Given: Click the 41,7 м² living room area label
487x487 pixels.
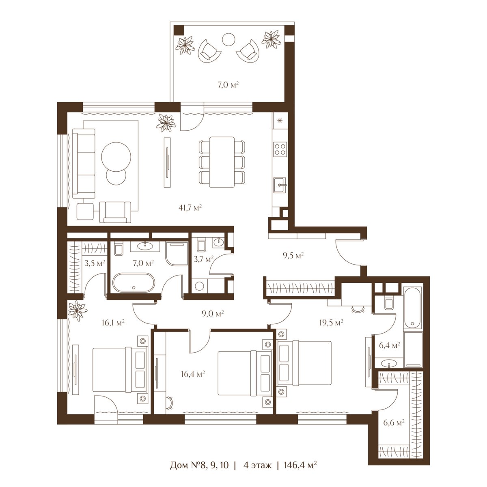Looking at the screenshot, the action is pos(190,208).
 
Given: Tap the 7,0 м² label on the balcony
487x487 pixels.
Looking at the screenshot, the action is pos(228,85).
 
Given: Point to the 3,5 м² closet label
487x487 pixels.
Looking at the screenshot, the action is pos(95,263).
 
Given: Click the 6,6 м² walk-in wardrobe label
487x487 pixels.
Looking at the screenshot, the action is pos(394,422).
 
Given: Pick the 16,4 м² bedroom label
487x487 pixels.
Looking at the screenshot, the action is pos(193,374).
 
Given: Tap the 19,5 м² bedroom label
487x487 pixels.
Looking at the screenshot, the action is pos(331,323).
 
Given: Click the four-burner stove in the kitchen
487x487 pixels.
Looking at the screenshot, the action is pos(280,149).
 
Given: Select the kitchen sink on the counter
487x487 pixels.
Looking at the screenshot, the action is pos(280,185).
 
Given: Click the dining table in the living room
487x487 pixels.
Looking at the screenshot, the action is pos(222,162).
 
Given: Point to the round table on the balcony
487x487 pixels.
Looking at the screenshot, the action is pos(228,40).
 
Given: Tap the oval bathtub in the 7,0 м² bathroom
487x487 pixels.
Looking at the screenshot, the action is pos(133,282).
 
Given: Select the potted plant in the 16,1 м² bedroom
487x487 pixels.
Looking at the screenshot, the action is pos(78,310).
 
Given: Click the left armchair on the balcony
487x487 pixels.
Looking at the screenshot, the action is pos(209,51).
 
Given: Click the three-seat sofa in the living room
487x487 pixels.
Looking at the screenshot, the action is pos(84,164).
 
